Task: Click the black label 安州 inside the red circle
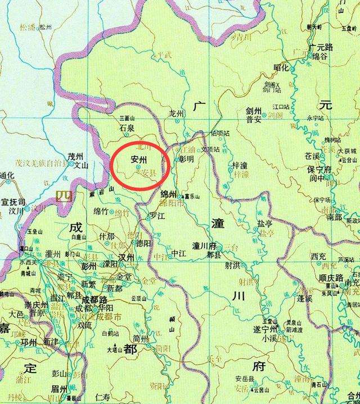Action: (138, 160)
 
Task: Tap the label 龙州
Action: (177, 114)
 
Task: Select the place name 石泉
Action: (127, 128)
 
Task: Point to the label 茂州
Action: (75, 157)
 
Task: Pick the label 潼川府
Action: (204, 246)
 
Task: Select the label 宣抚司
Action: (13, 201)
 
